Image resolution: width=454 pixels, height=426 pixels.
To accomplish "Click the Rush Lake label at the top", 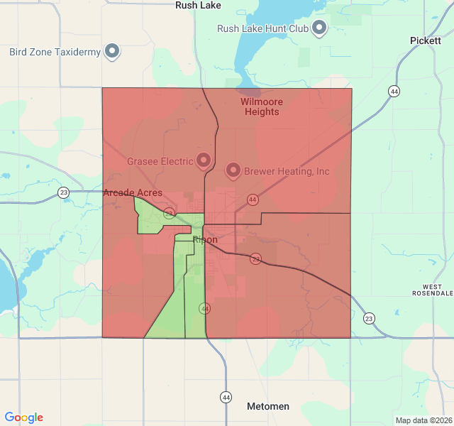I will click(x=198, y=6).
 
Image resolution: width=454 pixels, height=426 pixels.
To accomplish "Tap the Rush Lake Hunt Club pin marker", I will click(x=319, y=28).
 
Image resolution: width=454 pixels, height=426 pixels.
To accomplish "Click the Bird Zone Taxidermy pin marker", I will click(x=112, y=51).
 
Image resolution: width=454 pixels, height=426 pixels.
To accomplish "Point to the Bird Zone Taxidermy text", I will click(x=55, y=52).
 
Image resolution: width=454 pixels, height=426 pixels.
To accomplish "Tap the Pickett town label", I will click(x=425, y=40).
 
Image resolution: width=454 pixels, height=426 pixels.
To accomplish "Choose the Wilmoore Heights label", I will click(x=261, y=106).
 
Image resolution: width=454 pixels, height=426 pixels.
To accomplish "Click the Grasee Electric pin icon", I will click(x=204, y=160).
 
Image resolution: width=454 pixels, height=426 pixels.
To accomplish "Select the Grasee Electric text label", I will click(x=160, y=161).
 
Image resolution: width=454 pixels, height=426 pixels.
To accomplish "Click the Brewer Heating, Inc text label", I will click(x=287, y=171).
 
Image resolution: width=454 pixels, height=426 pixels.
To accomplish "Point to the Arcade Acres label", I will click(x=133, y=193).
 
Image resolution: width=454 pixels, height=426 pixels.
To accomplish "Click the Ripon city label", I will click(x=205, y=240).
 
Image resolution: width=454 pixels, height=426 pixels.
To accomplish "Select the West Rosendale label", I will click(x=433, y=290).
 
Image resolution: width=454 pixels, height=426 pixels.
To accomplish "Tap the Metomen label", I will click(x=268, y=406).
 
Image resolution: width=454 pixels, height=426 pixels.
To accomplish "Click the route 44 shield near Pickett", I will click(x=393, y=91).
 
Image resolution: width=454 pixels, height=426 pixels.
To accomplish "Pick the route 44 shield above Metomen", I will click(x=226, y=397).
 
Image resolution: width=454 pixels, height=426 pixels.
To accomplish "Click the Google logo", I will click(x=23, y=418).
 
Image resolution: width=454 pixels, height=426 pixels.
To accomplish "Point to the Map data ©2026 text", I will click(x=423, y=420).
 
